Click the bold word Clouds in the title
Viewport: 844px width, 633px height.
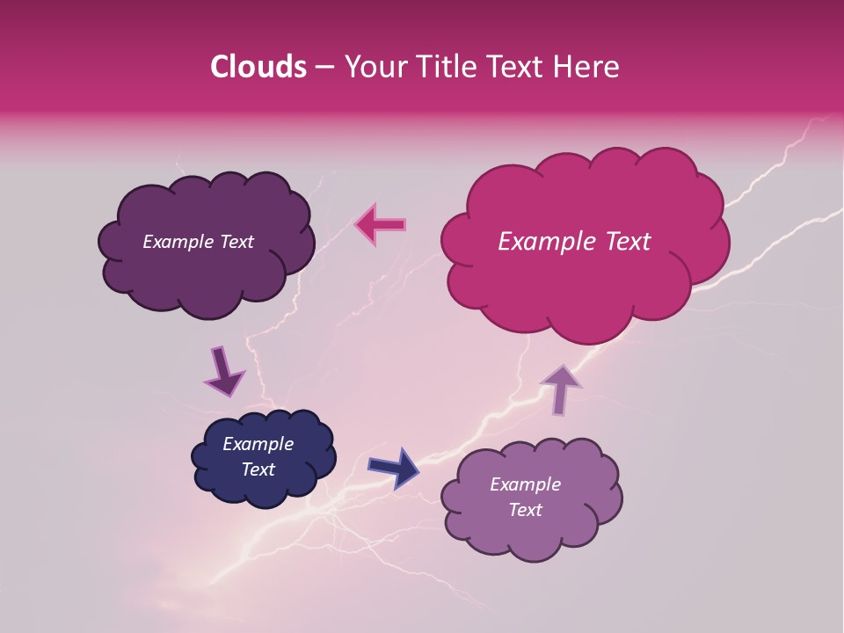[x=258, y=67]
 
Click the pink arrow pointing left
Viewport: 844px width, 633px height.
[x=380, y=224]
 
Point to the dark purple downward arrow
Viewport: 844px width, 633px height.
[x=223, y=372]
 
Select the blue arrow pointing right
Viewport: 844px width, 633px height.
[x=395, y=467]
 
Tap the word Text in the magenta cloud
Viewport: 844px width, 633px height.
[x=626, y=242]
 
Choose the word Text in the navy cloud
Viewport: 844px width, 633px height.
[x=258, y=469]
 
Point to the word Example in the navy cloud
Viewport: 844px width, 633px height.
[x=258, y=444]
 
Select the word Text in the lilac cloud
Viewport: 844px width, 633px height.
[x=526, y=510]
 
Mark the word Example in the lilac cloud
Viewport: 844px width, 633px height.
[x=526, y=484]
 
